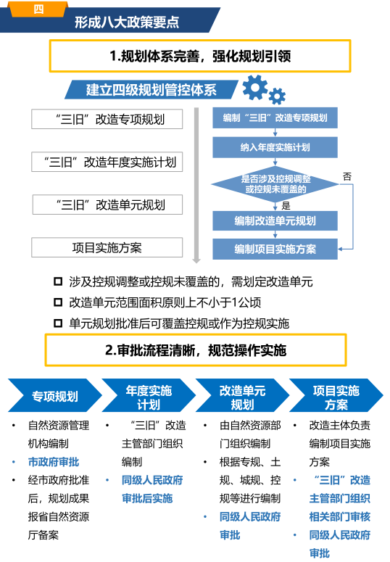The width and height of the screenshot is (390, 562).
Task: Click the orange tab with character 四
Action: coord(38,9)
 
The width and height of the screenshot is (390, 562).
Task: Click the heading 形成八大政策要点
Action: coord(127,22)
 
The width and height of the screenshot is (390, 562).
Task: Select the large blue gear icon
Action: coord(255,87)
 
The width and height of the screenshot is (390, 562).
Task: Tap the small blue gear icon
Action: coord(277,96)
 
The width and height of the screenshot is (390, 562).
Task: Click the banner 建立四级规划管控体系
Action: coord(152,90)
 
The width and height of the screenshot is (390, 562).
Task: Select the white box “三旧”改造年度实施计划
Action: coord(107,162)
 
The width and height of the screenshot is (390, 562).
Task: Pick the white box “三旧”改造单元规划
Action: coord(107,204)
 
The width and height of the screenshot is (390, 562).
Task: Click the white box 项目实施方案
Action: coord(107,247)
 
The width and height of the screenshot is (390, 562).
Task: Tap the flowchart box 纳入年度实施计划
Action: coord(275,147)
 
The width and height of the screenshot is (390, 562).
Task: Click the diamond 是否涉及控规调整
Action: coord(275,184)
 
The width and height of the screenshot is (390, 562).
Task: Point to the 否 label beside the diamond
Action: coord(347,176)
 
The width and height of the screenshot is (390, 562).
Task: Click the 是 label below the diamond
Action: coord(286,206)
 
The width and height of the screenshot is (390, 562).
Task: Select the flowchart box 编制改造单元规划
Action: coord(275,220)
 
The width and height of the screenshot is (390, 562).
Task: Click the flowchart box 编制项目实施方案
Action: coord(275,249)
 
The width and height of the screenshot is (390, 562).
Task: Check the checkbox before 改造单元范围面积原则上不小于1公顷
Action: coord(58,302)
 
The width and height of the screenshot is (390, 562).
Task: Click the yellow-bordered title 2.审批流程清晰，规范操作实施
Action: coord(196,350)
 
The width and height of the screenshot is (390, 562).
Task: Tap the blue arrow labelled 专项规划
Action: coord(55,395)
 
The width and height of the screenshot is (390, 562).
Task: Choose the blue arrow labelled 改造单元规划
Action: coord(242,395)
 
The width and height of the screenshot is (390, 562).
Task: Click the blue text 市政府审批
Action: coord(54,462)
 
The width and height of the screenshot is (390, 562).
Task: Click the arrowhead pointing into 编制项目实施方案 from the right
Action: coord(340,249)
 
